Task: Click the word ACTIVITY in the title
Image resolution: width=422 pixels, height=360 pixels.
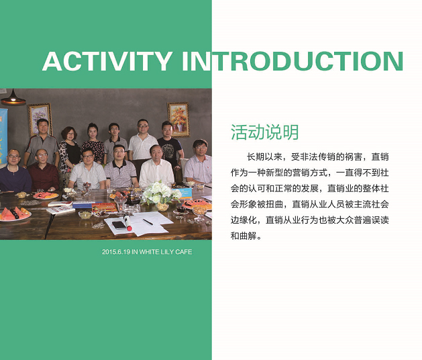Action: pyautogui.click(x=107, y=61)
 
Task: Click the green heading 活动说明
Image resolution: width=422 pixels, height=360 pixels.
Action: pyautogui.click(x=264, y=132)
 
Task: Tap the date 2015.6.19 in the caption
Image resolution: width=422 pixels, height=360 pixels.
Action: pyautogui.click(x=116, y=252)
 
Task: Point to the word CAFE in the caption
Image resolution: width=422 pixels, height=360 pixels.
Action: pyautogui.click(x=184, y=252)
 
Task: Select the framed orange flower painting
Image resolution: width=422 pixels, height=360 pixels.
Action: pyautogui.click(x=178, y=119)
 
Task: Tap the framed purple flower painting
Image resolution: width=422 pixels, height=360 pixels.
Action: pyautogui.click(x=40, y=119)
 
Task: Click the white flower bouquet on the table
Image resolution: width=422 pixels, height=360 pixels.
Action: pyautogui.click(x=161, y=193)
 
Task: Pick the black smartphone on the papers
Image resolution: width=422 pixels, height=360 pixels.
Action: pyautogui.click(x=119, y=225)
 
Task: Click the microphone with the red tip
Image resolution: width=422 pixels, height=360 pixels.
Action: pyautogui.click(x=127, y=222)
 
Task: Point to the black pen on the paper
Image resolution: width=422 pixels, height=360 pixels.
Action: pyautogui.click(x=148, y=222)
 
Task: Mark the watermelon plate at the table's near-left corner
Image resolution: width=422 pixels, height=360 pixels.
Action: pyautogui.click(x=15, y=214)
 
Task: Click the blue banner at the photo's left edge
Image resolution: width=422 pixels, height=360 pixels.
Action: pyautogui.click(x=3, y=136)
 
